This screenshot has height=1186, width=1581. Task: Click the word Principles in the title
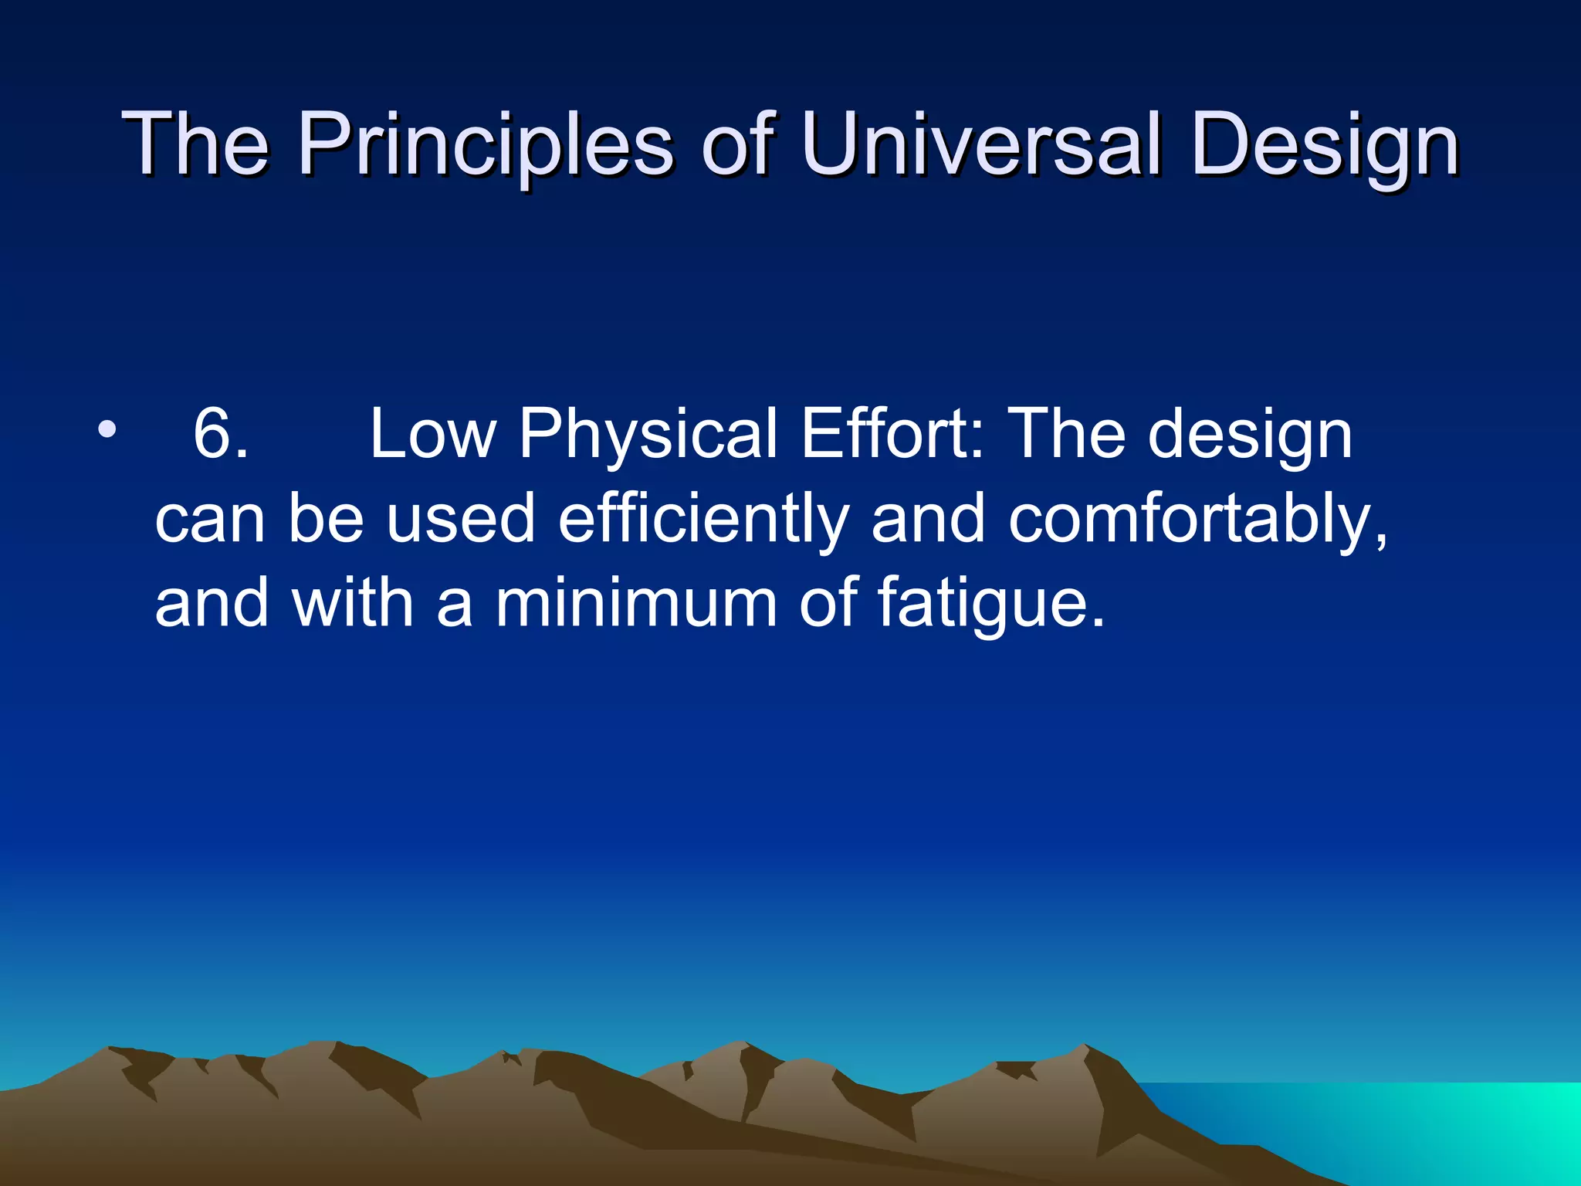pos(486,144)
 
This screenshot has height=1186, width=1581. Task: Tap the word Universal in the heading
pos(980,144)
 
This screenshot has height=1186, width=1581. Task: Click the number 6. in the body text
pos(221,435)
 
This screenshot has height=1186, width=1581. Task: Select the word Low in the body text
pos(432,435)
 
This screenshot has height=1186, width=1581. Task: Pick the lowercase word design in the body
pos(1250,435)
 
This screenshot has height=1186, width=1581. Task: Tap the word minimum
pos(635,604)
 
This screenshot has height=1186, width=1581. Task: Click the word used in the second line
pos(461,520)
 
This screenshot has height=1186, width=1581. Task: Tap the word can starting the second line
pos(210,520)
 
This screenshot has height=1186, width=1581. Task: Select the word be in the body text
pos(326,520)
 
